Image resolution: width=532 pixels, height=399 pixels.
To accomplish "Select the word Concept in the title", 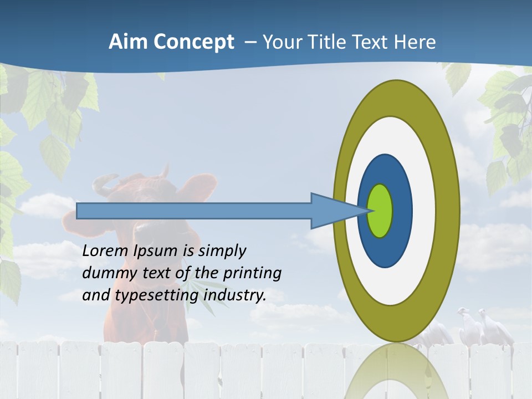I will click(x=193, y=43).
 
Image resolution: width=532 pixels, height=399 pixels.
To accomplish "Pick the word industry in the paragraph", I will click(x=235, y=295).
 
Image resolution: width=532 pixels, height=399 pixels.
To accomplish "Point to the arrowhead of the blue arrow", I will click(x=332, y=211).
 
